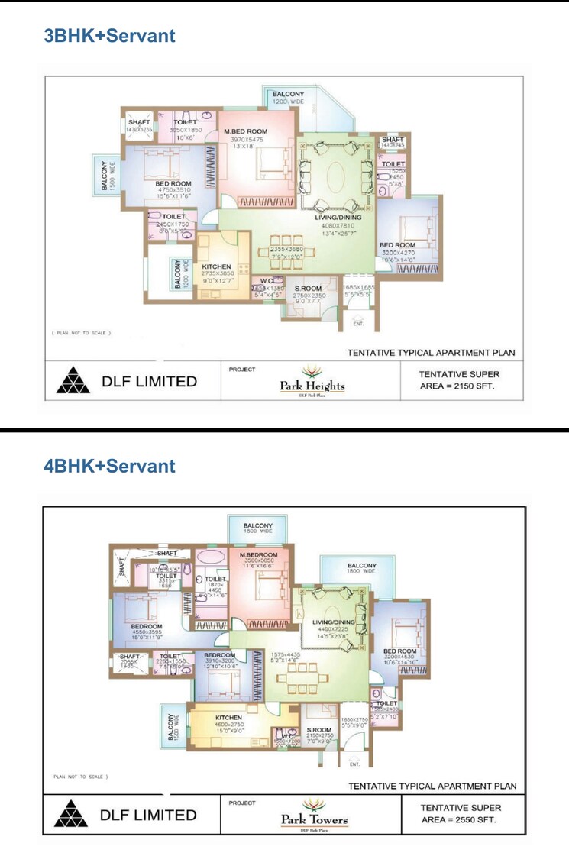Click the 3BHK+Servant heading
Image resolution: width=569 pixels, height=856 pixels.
click(110, 35)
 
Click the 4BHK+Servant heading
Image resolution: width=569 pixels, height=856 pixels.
click(110, 466)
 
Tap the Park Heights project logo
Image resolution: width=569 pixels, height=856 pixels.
click(311, 380)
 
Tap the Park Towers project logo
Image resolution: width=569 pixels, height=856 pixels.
click(313, 814)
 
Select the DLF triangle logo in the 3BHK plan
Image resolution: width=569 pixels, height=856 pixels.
click(73, 380)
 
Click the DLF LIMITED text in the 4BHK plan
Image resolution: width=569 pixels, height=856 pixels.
click(148, 815)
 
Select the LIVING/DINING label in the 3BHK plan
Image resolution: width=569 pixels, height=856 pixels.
click(338, 218)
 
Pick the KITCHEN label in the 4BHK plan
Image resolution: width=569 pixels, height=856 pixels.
click(228, 718)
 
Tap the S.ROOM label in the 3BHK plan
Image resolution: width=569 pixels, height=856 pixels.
click(309, 288)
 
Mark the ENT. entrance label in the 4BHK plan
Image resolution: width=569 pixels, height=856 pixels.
click(354, 764)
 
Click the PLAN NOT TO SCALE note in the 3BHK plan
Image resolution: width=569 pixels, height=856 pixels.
click(82, 333)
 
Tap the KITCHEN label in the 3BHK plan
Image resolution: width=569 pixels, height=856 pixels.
click(216, 266)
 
